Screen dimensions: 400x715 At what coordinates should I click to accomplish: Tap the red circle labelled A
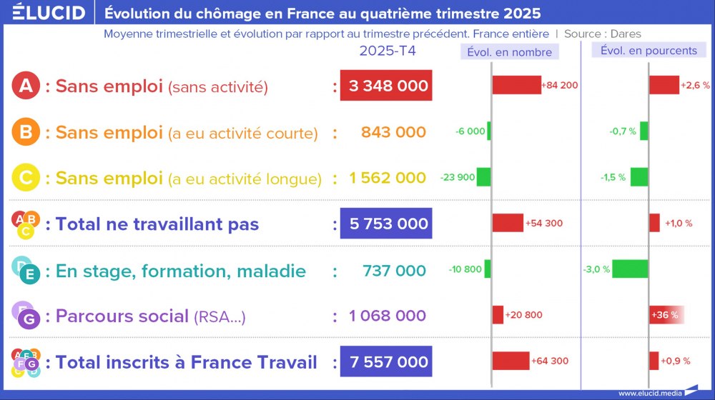(26, 86)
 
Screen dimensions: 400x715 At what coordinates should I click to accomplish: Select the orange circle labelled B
(26, 132)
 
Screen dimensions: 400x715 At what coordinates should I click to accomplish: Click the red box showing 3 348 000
(386, 86)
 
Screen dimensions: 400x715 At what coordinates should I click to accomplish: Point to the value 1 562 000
(388, 178)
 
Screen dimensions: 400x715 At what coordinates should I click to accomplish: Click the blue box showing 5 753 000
(386, 224)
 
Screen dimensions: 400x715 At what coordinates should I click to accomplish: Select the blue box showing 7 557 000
(386, 362)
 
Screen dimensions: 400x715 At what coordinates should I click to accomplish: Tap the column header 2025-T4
(387, 51)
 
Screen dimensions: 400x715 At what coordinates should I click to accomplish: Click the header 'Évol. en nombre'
(509, 52)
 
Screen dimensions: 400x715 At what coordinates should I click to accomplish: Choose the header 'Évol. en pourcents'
(649, 51)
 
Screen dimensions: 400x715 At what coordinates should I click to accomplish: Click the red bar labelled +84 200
(516, 85)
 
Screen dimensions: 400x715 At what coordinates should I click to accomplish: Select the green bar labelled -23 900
(484, 177)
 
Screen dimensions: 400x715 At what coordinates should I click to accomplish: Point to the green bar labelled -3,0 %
(630, 269)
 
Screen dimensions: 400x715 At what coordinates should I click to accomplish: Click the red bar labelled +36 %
(666, 315)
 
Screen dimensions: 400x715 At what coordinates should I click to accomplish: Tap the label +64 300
(550, 361)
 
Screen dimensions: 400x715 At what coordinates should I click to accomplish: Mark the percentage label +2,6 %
(695, 85)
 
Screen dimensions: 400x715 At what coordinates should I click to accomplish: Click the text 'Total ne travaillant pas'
(157, 224)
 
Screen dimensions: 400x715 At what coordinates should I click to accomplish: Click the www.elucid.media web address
(649, 393)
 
